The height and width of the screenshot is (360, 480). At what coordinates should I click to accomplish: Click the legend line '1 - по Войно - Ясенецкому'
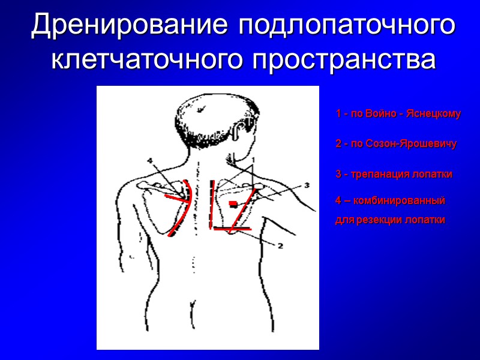point(398,113)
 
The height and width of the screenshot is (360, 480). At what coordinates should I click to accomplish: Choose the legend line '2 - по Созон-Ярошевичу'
point(396,144)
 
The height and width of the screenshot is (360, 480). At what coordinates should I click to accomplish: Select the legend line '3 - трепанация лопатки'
point(394,174)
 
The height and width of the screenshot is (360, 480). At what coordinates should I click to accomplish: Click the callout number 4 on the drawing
point(150,161)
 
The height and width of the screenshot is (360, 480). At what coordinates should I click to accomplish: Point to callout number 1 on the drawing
point(253,160)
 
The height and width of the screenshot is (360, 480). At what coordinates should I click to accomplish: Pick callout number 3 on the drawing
point(306,185)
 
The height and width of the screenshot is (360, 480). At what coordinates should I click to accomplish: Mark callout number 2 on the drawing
point(280,245)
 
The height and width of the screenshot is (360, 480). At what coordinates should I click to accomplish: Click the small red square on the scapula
point(232,205)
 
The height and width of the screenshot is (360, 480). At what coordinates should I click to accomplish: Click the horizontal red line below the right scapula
point(232,229)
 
